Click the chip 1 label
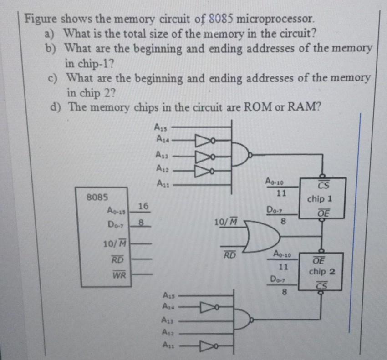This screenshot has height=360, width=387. coord(319,199)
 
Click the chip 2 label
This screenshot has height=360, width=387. coord(322,272)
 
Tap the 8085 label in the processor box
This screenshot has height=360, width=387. coord(97,197)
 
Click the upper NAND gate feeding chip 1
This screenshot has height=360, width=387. coord(241,155)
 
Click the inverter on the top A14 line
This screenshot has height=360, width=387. coord(205,141)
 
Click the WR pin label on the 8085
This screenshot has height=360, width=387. coord(119,274)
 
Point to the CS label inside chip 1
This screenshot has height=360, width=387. coord(323,185)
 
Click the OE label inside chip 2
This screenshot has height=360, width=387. coord(319,260)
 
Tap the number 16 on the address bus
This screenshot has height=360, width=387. coord(143,206)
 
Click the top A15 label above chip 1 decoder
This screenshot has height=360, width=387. coord(161,127)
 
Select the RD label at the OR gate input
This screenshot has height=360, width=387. coord(229,255)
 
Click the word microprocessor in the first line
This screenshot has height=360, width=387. coord(275,19)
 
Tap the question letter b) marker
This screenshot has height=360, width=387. coord(50,48)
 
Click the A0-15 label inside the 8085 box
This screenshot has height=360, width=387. coord(117,211)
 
